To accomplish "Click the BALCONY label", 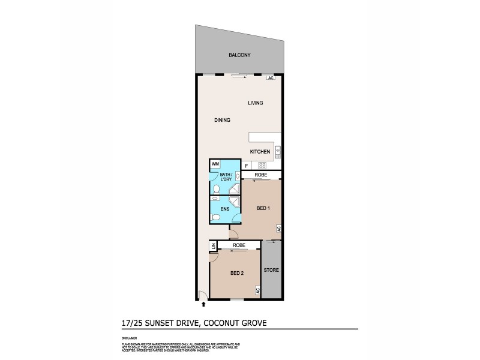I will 239,55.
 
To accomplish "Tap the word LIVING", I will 256,103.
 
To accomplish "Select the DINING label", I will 222,120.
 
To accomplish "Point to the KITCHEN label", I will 260,152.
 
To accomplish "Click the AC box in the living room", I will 271,78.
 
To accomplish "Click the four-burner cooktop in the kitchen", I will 262,165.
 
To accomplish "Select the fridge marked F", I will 246,165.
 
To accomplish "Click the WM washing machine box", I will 215,164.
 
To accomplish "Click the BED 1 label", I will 263,208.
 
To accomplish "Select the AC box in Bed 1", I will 278,229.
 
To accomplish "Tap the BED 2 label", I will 238,273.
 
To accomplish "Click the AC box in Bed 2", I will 257,290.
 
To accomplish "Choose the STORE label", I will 271,271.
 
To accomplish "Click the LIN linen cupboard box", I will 212,246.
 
